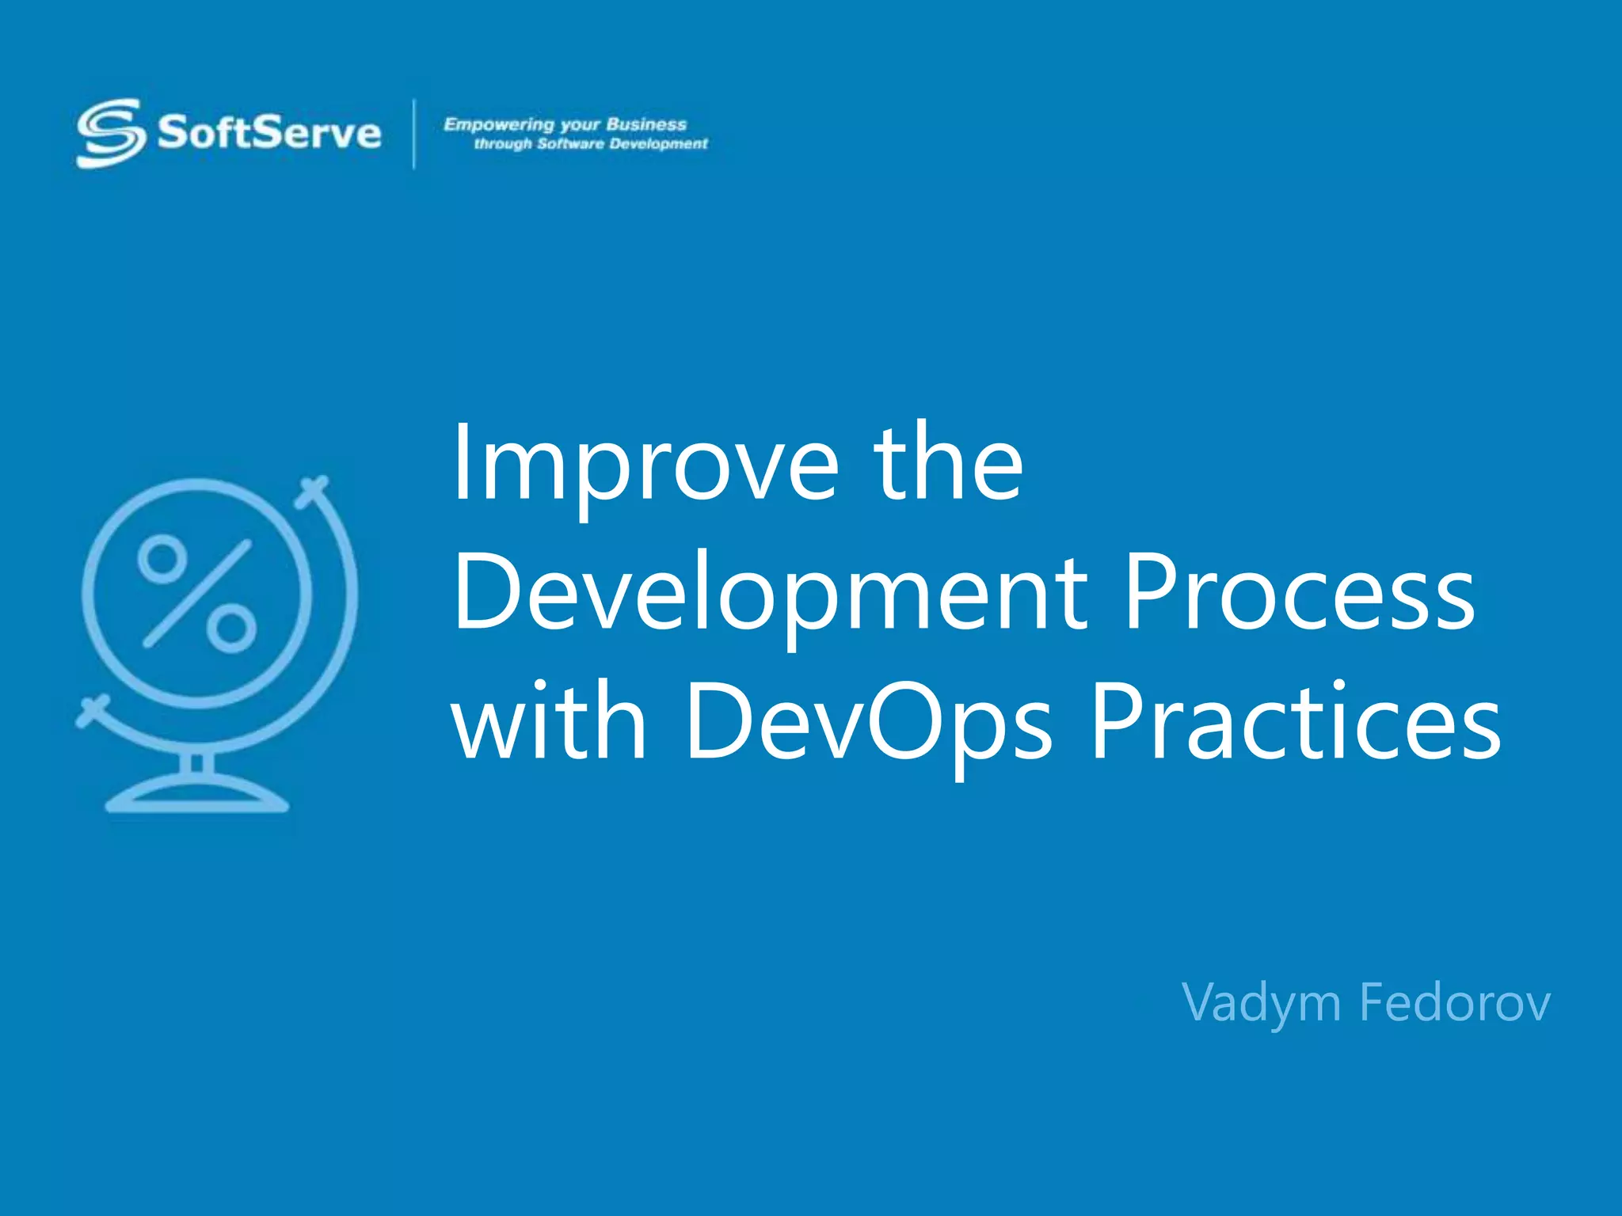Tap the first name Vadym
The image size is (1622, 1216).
(x=1260, y=1003)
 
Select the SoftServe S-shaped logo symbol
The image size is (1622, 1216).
(x=110, y=133)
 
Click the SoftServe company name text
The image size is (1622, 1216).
(x=269, y=132)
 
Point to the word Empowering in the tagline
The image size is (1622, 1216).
(x=499, y=124)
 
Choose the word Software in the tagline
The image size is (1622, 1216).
(x=570, y=144)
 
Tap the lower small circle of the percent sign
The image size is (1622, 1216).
(x=231, y=629)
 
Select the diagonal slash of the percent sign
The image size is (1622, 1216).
(x=197, y=594)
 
